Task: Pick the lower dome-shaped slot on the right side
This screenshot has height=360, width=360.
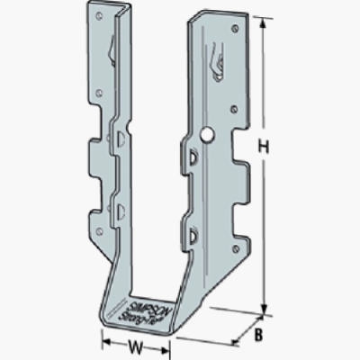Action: [x=193, y=236]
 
